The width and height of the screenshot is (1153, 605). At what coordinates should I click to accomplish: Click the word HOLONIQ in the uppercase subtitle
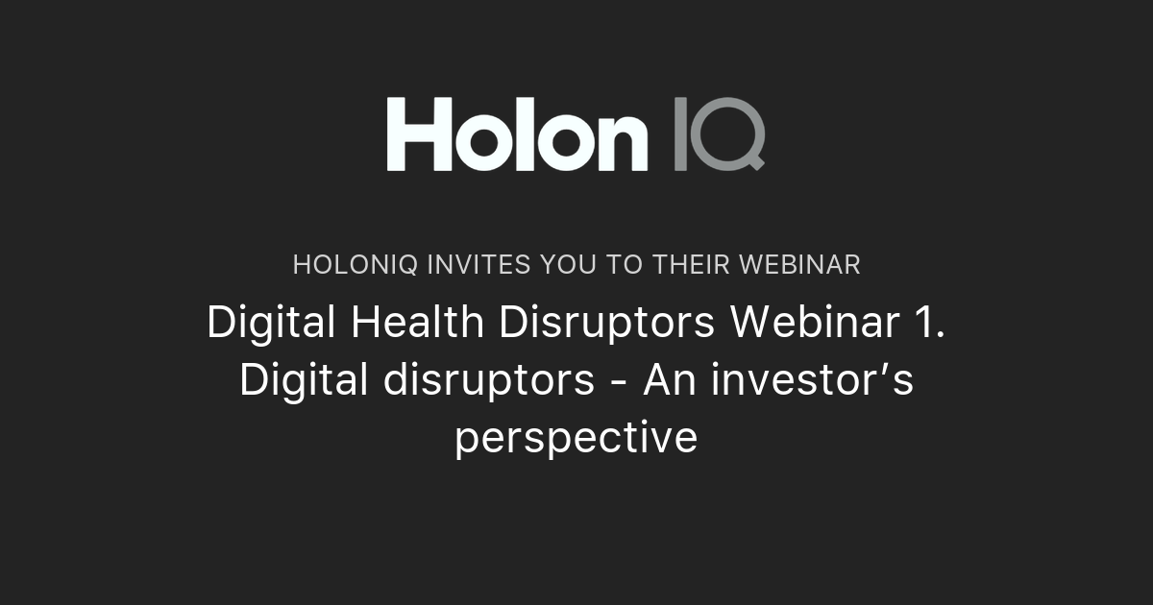[x=355, y=265]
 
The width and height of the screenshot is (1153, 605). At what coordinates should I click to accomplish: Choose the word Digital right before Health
[x=271, y=324]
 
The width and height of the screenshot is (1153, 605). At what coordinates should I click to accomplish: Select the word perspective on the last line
[x=576, y=439]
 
